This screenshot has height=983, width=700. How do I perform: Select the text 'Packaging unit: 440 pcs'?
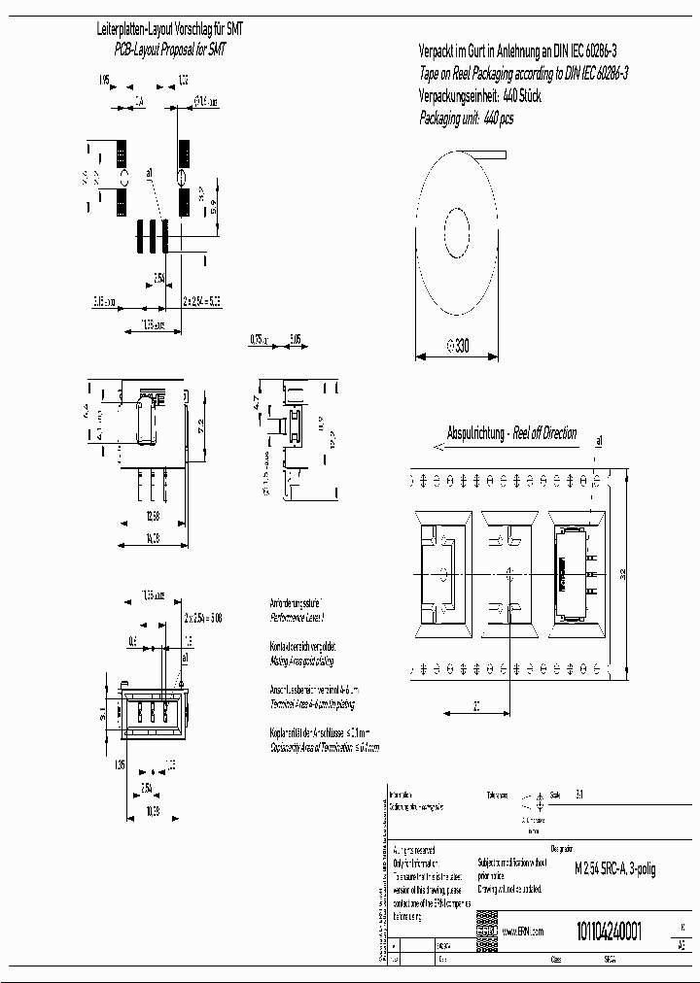(466, 118)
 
